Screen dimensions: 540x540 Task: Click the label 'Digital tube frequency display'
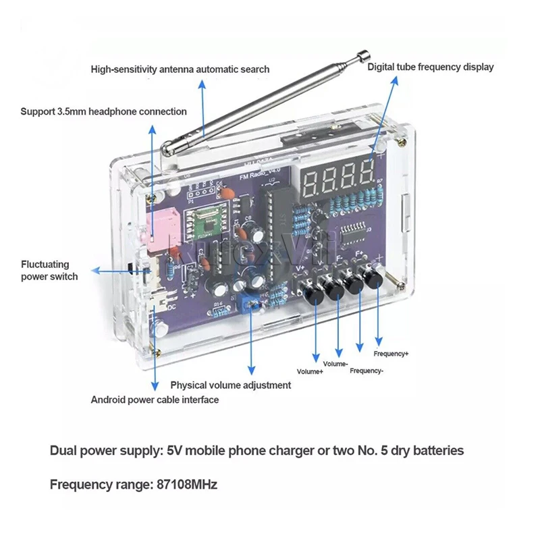430,67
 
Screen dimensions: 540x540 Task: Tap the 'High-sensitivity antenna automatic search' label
180,69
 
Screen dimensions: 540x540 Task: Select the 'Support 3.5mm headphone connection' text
103,111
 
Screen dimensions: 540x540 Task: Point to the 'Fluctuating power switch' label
49,271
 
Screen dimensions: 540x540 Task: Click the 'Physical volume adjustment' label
231,385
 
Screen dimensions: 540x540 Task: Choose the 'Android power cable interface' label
155,400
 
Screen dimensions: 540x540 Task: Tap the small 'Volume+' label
310,371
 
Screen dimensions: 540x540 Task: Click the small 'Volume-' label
335,364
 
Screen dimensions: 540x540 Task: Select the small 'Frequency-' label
367,371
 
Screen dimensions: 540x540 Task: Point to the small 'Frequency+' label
391,353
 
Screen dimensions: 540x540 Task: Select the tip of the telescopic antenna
364,53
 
